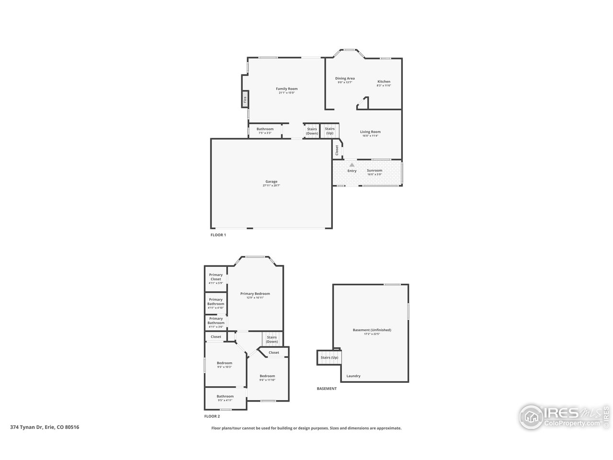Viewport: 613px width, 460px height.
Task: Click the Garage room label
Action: (271, 182)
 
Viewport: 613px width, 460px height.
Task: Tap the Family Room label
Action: (286, 89)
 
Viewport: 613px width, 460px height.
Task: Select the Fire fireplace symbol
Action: (245, 100)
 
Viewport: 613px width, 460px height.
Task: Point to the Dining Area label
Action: (345, 79)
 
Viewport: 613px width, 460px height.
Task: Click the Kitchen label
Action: (384, 81)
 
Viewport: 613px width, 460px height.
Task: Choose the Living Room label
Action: (370, 132)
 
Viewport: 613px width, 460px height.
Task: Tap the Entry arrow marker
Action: (352, 165)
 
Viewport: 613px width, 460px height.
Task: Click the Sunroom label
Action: (375, 171)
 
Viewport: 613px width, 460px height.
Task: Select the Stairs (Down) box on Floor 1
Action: (312, 131)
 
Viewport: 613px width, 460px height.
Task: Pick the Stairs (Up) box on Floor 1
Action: (329, 130)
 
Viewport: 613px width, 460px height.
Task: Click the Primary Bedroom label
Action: (255, 294)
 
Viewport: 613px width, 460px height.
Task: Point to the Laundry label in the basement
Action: (353, 376)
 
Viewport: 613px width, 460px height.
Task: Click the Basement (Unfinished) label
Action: (372, 330)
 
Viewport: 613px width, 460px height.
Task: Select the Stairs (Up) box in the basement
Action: (329, 357)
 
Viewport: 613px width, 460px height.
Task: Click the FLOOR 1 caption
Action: (218, 235)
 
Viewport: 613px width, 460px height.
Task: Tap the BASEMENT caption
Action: (327, 389)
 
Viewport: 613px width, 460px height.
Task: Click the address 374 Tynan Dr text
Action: (45, 427)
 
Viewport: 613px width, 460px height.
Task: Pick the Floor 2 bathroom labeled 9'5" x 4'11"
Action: (225, 398)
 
